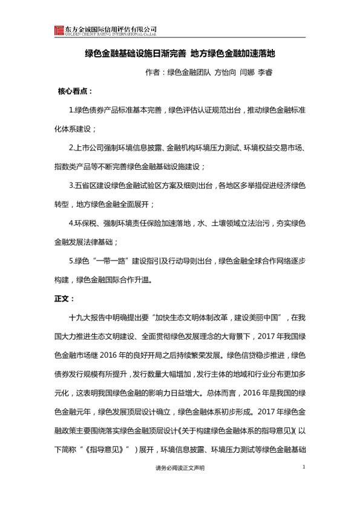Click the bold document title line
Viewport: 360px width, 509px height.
180,53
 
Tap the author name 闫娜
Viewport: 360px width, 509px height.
248,74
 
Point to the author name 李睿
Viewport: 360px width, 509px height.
265,74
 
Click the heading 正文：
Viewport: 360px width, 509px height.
64,298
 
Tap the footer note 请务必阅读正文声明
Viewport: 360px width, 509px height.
180,468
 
